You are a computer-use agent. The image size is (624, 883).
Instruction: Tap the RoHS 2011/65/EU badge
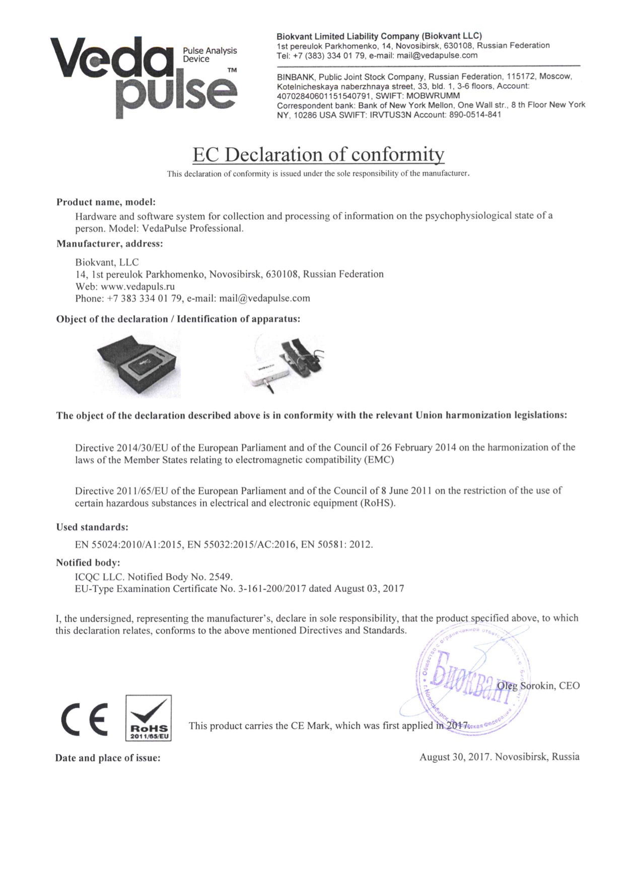(x=148, y=719)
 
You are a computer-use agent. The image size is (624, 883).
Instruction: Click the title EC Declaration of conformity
(x=318, y=154)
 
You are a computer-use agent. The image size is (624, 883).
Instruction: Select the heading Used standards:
(x=92, y=527)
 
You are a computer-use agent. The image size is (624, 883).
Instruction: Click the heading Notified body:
(x=88, y=562)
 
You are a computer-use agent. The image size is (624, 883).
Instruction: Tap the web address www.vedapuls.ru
(x=137, y=286)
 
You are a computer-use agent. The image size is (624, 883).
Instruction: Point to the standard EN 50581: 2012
(x=336, y=545)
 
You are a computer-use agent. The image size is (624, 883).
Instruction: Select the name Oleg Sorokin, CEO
(x=538, y=685)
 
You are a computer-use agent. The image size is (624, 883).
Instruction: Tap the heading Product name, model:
(x=106, y=202)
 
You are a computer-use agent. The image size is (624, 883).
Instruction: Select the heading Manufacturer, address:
(x=109, y=244)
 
